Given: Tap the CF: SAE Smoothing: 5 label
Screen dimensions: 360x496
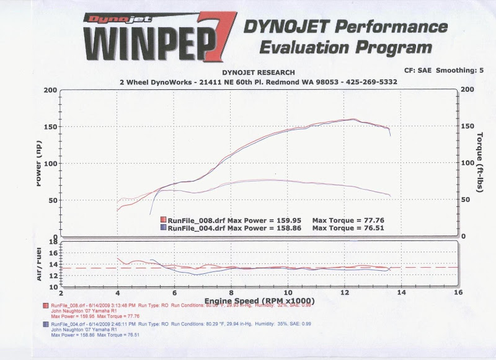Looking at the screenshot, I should [443, 71].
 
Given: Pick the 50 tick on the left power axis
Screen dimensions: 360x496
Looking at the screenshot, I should [53, 200].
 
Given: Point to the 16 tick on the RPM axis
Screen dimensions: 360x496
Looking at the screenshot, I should [459, 292].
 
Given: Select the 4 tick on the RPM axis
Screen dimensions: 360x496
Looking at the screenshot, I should [117, 292].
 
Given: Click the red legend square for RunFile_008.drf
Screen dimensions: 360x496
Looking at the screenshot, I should [164, 220].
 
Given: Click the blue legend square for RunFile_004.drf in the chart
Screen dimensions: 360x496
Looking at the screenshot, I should [164, 227].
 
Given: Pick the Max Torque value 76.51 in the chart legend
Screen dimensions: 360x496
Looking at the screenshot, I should [372, 227].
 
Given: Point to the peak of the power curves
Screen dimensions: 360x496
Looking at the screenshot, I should [352, 119].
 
